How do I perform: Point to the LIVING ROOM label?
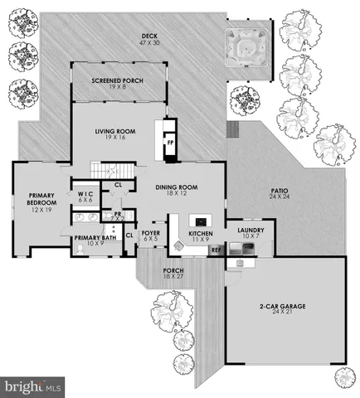click(x=115, y=133)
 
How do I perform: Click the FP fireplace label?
click(x=171, y=143)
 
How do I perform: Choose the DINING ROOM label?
click(x=179, y=191)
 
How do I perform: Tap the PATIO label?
click(x=280, y=196)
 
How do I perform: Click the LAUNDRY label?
click(x=250, y=233)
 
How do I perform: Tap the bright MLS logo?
click(x=33, y=386)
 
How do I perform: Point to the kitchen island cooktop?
click(x=199, y=221)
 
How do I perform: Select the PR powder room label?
click(x=119, y=216)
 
